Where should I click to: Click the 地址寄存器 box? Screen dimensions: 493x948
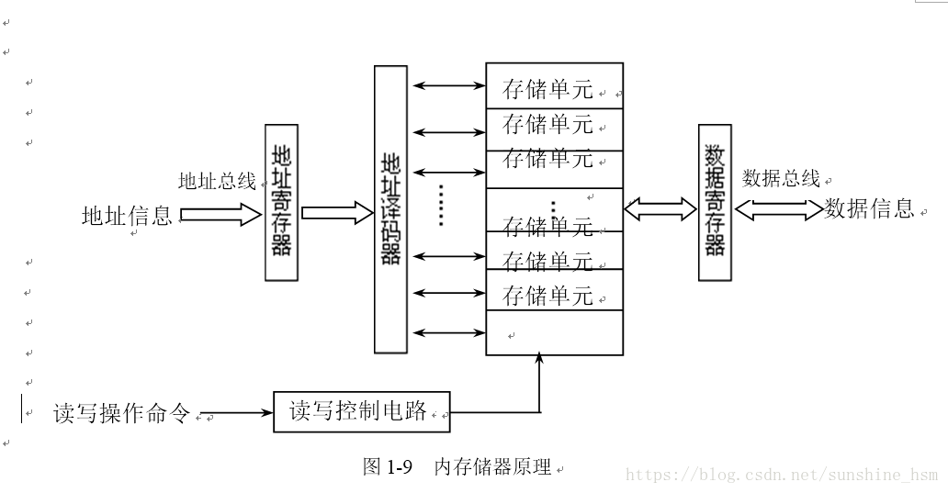point(280,202)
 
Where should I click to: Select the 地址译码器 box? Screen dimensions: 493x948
point(390,209)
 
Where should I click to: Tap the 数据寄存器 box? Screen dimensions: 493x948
point(715,202)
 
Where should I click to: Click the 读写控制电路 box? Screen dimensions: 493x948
point(362,411)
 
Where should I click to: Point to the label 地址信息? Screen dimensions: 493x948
point(127,216)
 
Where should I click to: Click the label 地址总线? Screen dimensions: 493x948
point(217,181)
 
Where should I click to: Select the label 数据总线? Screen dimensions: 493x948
point(781,178)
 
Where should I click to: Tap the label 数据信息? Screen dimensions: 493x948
point(869,208)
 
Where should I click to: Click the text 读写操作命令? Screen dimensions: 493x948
point(121,414)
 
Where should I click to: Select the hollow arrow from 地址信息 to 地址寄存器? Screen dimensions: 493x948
point(221,215)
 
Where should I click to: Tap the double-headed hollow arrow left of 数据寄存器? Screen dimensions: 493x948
point(660,209)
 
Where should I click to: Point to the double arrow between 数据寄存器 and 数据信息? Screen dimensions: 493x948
point(778,210)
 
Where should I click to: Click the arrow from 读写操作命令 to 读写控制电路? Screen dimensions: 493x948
point(236,413)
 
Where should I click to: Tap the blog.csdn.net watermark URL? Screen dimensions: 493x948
point(781,475)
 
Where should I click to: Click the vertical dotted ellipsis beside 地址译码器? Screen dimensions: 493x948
point(442,205)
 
